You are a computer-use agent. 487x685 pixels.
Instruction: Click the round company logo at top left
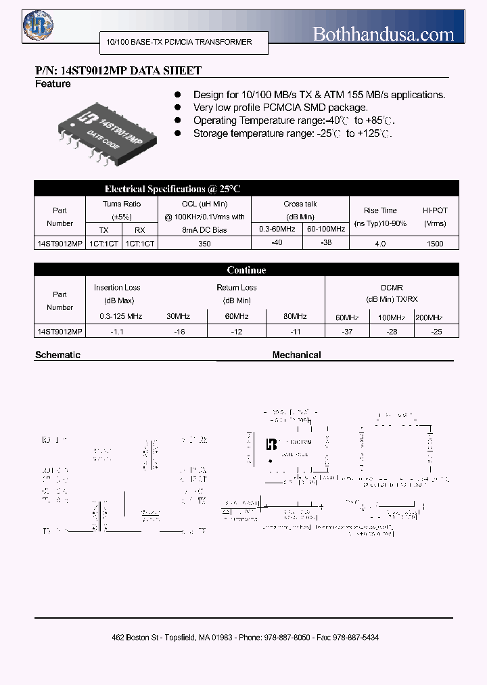(x=39, y=26)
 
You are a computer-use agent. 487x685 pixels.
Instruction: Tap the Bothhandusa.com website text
(x=383, y=34)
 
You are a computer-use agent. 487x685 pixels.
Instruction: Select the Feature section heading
(x=53, y=84)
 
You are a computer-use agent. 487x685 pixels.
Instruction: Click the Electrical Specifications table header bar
(x=246, y=189)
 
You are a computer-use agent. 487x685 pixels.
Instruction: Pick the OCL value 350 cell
(x=204, y=244)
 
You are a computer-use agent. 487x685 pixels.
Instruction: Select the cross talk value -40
(x=276, y=242)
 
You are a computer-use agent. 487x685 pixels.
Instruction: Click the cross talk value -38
(x=325, y=242)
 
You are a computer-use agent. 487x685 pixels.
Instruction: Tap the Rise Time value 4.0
(x=379, y=244)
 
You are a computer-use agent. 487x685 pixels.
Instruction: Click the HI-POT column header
(x=435, y=217)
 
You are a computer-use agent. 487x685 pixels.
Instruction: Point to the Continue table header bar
(x=246, y=270)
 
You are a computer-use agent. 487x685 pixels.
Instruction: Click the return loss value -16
(x=179, y=332)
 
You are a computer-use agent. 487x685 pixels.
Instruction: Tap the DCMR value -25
(x=436, y=332)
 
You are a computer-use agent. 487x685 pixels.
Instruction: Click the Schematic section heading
(x=57, y=355)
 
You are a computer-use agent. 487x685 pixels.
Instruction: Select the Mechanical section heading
(x=296, y=355)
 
